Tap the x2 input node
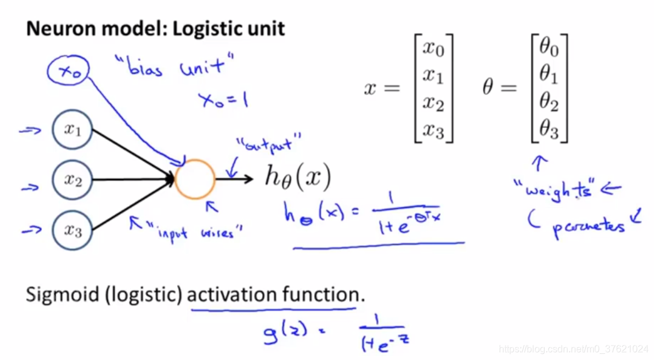72,179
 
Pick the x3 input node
72,230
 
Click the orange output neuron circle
194,179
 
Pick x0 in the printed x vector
433,47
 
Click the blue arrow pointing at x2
30,187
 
